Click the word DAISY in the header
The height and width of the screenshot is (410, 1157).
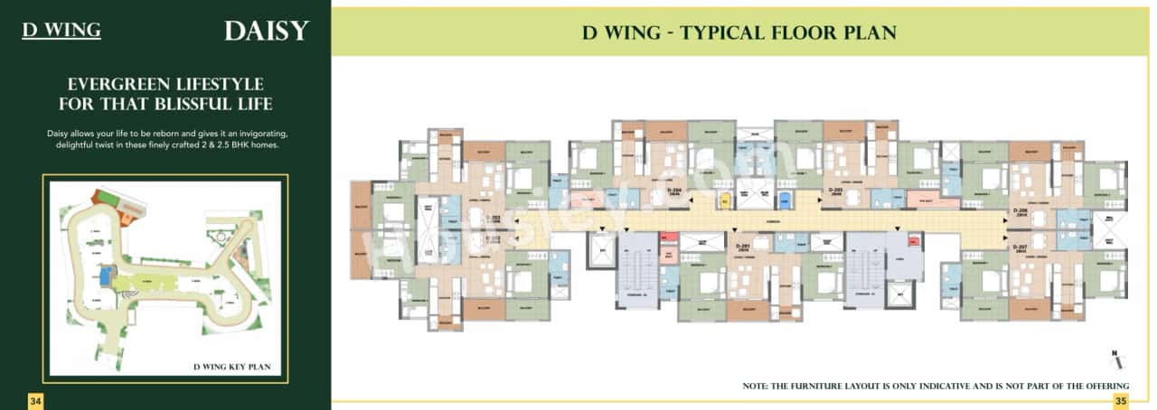[267, 31]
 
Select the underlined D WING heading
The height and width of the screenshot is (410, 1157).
[61, 31]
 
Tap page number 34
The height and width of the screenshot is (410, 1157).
[36, 400]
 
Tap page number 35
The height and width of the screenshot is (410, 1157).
[1121, 400]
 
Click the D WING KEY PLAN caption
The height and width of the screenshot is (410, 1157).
[238, 367]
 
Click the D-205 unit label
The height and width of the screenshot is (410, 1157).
[837, 191]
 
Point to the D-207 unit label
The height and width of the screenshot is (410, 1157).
[1021, 246]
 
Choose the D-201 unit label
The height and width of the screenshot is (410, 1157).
[744, 246]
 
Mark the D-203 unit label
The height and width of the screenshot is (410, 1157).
[493, 219]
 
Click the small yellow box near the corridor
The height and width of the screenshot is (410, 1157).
[723, 200]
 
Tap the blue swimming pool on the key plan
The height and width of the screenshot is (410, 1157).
[108, 273]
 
